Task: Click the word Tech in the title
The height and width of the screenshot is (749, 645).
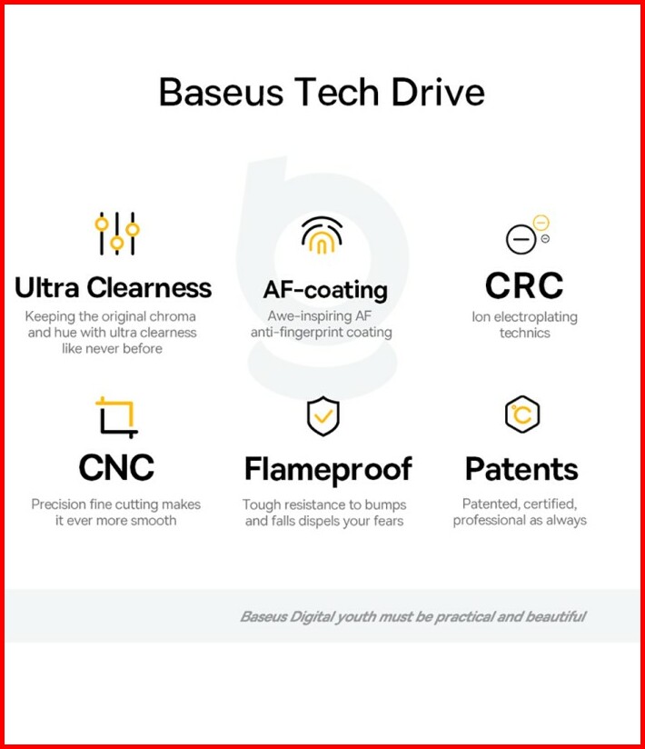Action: pos(337,92)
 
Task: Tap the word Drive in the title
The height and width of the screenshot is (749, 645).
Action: pos(438,92)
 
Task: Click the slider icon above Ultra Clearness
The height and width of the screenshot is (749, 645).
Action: pos(116,234)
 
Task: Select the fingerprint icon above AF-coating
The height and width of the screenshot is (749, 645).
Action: pos(322,235)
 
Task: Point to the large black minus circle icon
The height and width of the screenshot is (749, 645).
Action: pos(521,239)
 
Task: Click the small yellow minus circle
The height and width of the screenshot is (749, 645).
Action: pos(541,223)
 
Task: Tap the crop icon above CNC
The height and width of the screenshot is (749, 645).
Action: pos(116,417)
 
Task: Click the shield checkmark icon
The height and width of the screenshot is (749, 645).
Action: pos(323,416)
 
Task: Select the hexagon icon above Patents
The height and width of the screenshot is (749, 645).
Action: pos(522,414)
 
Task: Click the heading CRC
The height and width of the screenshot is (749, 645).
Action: pos(524,285)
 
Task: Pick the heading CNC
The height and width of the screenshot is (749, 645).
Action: pos(116,467)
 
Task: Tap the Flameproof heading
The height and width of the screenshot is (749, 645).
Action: pos(328,470)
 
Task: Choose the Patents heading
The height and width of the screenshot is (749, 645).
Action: pos(521,469)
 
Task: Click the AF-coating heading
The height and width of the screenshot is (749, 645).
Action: pos(325,290)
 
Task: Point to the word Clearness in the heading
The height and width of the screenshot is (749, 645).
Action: pos(149,287)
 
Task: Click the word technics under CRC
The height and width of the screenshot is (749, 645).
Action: pos(525,333)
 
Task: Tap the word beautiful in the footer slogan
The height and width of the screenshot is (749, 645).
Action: pos(556,616)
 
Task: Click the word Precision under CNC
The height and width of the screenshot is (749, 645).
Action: pos(59,504)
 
